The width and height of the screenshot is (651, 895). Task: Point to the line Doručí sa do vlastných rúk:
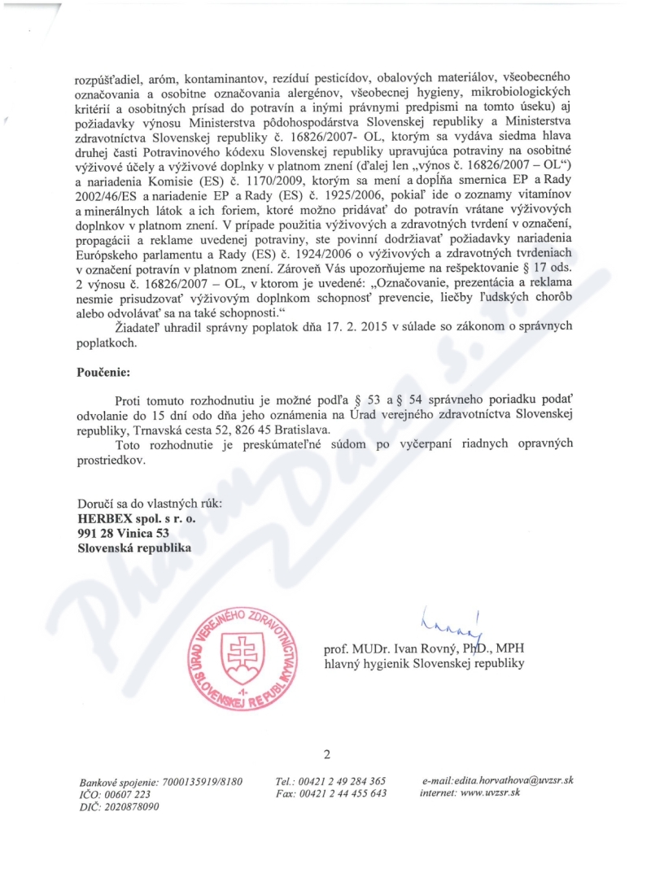(x=149, y=502)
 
